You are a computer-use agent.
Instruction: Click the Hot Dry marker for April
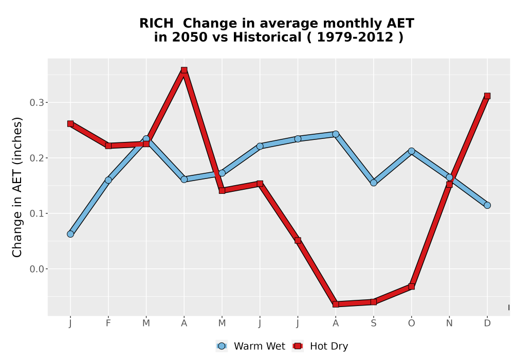click(184, 70)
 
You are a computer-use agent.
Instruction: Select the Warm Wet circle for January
click(70, 234)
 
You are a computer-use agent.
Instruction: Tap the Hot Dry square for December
click(487, 96)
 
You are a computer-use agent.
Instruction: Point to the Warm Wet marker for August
click(336, 134)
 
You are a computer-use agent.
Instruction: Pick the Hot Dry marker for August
click(336, 304)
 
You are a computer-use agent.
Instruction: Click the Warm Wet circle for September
click(373, 183)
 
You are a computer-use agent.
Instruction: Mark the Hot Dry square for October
click(411, 286)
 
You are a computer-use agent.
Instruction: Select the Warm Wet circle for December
click(487, 205)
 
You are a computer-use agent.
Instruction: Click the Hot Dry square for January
click(70, 123)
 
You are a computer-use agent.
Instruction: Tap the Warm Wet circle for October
click(411, 151)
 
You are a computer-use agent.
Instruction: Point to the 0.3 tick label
click(36, 103)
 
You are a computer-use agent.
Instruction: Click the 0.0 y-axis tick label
click(36, 269)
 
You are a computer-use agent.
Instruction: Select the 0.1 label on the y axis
click(36, 213)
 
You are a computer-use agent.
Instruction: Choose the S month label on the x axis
click(373, 323)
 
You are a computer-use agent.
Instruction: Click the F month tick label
click(108, 323)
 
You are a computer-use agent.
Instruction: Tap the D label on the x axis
click(487, 323)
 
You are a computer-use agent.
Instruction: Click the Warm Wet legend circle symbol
click(222, 346)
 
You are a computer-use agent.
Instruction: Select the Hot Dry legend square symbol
click(298, 346)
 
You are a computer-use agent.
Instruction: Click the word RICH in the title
click(156, 23)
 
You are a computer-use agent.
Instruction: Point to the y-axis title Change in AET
click(17, 187)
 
